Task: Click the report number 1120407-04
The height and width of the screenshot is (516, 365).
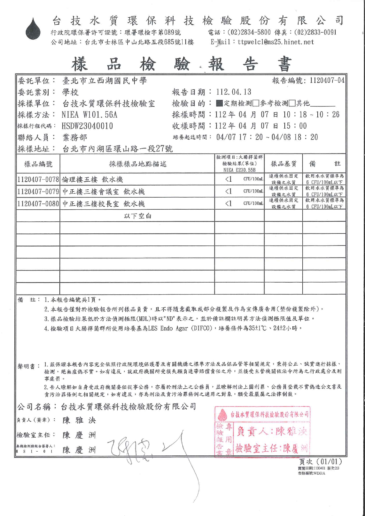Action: [327, 80]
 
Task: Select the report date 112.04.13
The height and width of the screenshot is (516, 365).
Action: [234, 92]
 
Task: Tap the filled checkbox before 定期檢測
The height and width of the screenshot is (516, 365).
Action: [219, 103]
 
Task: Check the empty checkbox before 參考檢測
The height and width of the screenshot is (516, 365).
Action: [256, 103]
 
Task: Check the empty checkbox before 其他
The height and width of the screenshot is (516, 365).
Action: [292, 103]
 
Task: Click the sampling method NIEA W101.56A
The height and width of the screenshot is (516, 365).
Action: [89, 115]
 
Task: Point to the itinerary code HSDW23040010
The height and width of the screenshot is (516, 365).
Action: [87, 126]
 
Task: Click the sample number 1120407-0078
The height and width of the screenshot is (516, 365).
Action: [38, 179]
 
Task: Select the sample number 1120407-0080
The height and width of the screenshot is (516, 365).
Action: [38, 203]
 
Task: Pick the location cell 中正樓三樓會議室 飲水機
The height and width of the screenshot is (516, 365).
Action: [104, 192]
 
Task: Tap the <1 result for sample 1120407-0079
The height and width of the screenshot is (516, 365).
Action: [229, 191]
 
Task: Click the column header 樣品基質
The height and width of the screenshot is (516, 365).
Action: [283, 163]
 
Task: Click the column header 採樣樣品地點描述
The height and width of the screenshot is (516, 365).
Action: [138, 164]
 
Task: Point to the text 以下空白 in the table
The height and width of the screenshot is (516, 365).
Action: [138, 216]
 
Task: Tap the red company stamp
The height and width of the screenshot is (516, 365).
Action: [262, 431]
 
